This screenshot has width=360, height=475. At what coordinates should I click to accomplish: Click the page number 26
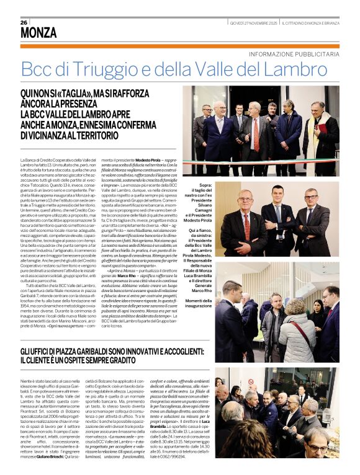click(x=24, y=23)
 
